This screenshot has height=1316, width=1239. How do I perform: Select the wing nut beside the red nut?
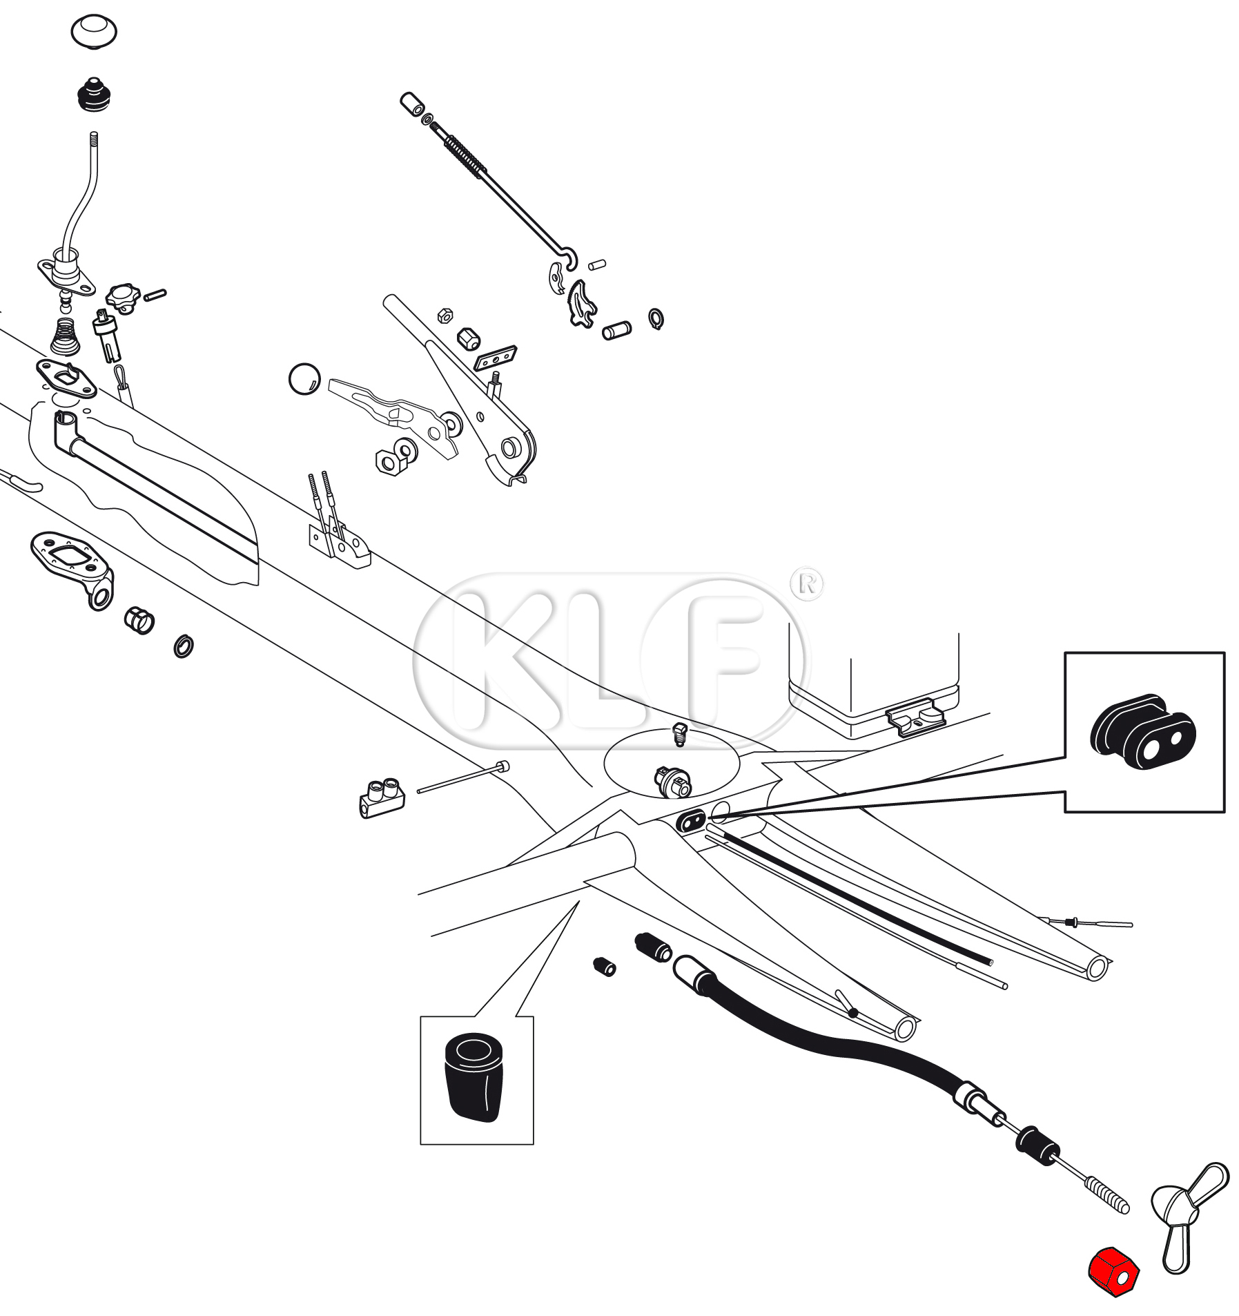(1187, 1215)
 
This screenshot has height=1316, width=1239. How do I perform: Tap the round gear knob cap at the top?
(94, 31)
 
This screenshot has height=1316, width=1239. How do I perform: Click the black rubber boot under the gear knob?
(95, 95)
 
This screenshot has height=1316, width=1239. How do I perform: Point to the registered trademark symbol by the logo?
(807, 585)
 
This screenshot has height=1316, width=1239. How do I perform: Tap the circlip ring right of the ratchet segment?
(656, 318)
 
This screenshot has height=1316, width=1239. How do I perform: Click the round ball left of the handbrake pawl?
(304, 378)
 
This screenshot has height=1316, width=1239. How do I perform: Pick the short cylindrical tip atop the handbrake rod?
(412, 104)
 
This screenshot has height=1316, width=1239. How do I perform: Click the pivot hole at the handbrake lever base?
(511, 448)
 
